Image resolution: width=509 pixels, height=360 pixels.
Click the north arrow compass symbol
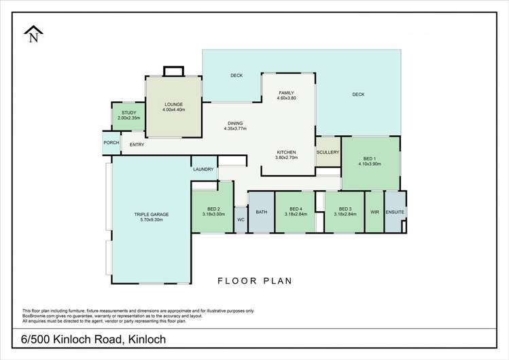32,35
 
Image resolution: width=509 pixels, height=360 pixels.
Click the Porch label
111,143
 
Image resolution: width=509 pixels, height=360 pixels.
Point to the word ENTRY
136,144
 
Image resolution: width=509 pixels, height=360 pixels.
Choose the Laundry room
203,169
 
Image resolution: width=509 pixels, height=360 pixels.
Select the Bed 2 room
213,211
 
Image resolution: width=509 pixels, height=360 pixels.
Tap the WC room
241,219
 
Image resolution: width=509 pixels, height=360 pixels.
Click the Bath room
261,212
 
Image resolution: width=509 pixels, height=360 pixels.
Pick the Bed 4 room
295,211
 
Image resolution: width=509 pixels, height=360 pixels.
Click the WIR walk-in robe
374,212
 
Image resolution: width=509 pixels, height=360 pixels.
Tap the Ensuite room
395,212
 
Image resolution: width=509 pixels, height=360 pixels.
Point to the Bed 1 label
370,160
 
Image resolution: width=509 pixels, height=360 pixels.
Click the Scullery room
328,153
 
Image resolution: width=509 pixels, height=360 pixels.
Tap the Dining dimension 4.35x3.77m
235,128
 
